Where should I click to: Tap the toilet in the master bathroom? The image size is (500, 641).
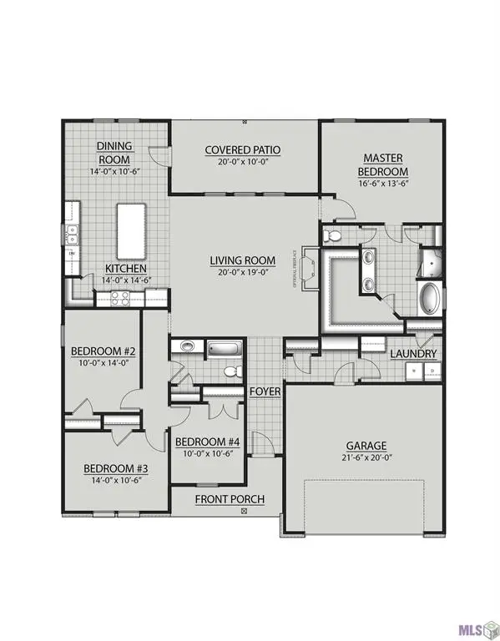(331, 235)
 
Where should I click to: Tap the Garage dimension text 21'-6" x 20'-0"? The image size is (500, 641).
(368, 458)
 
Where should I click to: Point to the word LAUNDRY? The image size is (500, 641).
(413, 354)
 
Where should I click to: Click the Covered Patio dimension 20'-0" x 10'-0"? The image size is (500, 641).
(243, 163)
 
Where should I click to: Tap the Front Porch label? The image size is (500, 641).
(230, 499)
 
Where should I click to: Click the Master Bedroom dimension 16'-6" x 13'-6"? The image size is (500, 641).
(382, 184)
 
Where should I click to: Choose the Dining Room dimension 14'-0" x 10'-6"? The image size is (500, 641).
(116, 171)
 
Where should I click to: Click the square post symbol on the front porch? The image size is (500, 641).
(244, 510)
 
